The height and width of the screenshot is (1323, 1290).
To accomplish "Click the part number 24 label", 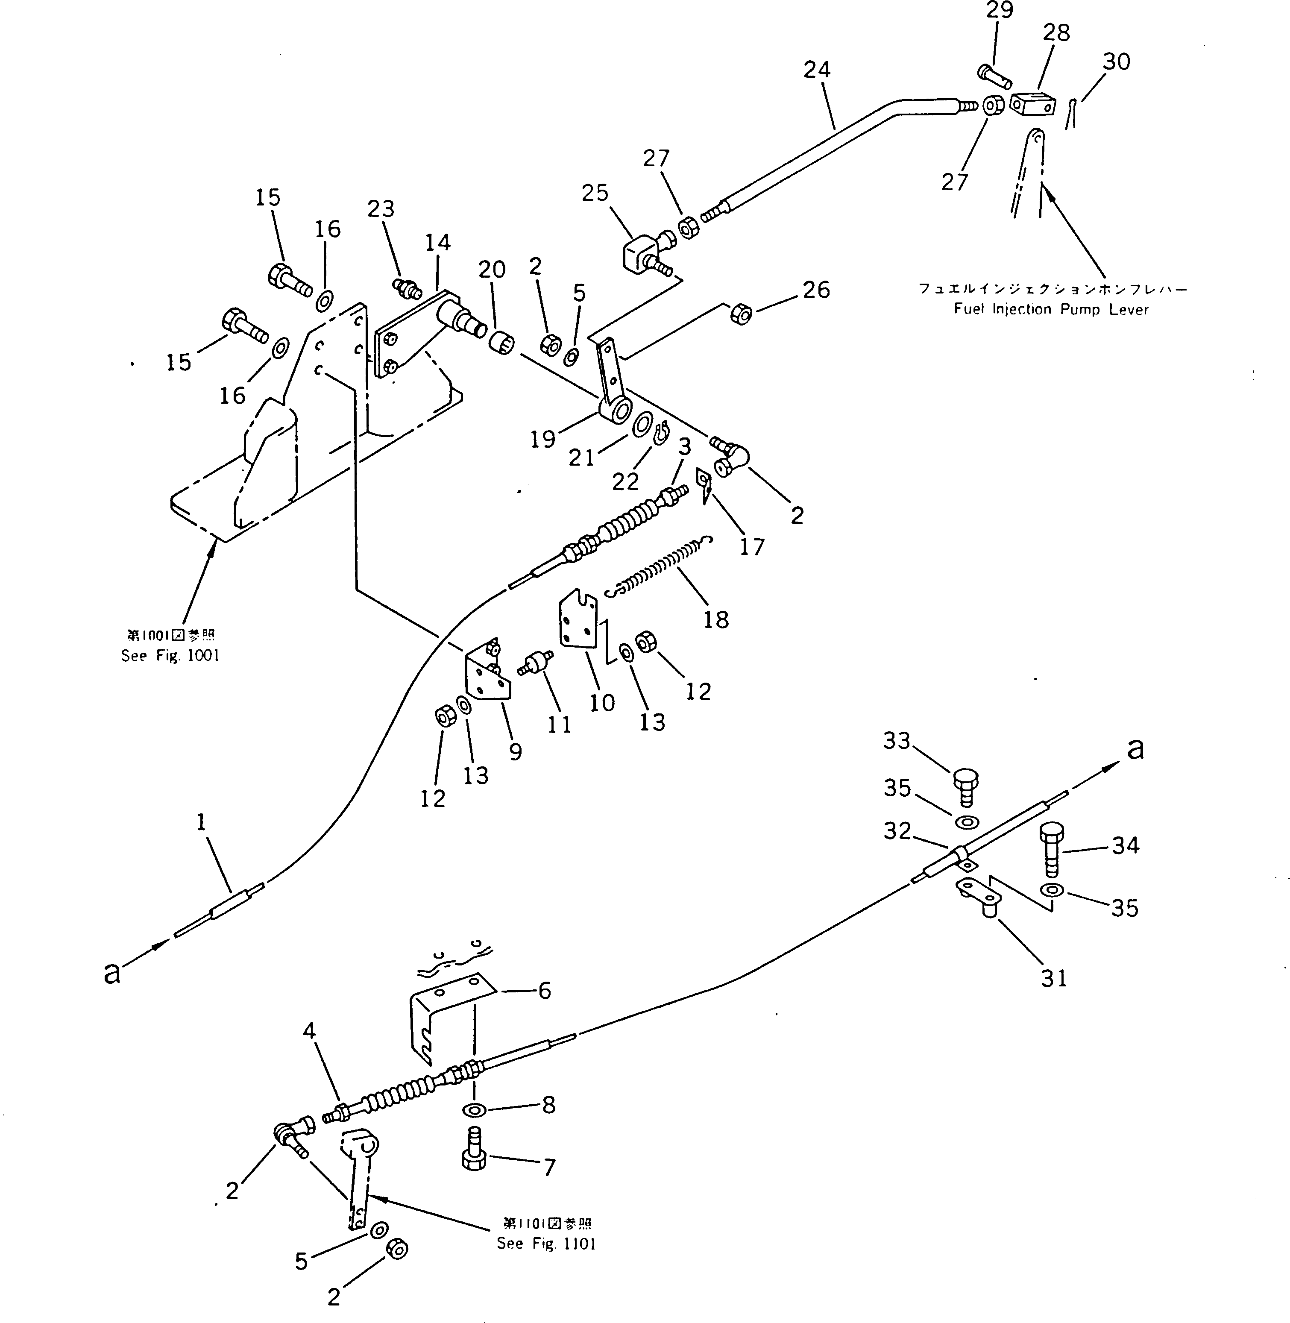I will [817, 70].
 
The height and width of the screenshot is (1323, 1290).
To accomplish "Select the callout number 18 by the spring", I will [716, 619].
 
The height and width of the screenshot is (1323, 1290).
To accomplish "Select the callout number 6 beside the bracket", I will [545, 991].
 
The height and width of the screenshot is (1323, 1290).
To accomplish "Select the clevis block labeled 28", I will [1033, 104].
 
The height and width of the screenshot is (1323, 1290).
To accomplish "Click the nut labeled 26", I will [741, 314].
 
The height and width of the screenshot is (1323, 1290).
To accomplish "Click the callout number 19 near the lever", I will [542, 439].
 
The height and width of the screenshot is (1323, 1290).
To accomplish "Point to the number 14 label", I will [438, 243].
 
